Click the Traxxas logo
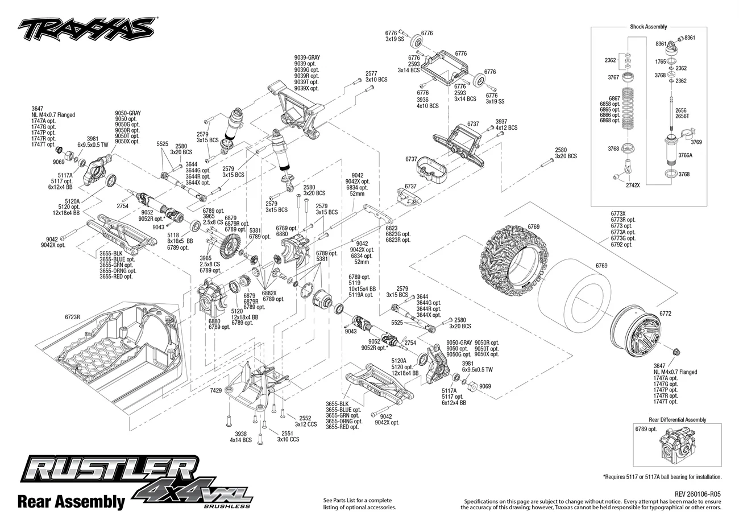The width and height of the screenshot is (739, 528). pyautogui.click(x=86, y=28)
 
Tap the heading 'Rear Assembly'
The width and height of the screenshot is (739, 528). pyautogui.click(x=71, y=502)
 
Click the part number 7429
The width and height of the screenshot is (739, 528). pyautogui.click(x=216, y=391)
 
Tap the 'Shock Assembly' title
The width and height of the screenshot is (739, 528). pyautogui.click(x=648, y=27)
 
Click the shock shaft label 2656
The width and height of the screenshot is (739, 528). pyautogui.click(x=680, y=110)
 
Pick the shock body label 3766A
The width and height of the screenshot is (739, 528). pyautogui.click(x=685, y=155)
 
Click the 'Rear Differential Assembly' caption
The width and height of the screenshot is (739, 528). pyautogui.click(x=677, y=420)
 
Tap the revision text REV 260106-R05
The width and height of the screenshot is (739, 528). pyautogui.click(x=698, y=494)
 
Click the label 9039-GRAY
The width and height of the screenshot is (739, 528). pyautogui.click(x=307, y=57)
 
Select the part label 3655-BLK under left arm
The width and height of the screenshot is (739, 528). pyautogui.click(x=111, y=254)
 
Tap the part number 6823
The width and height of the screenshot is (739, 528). pyautogui.click(x=392, y=228)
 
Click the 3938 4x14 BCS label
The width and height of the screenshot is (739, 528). pyautogui.click(x=241, y=437)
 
